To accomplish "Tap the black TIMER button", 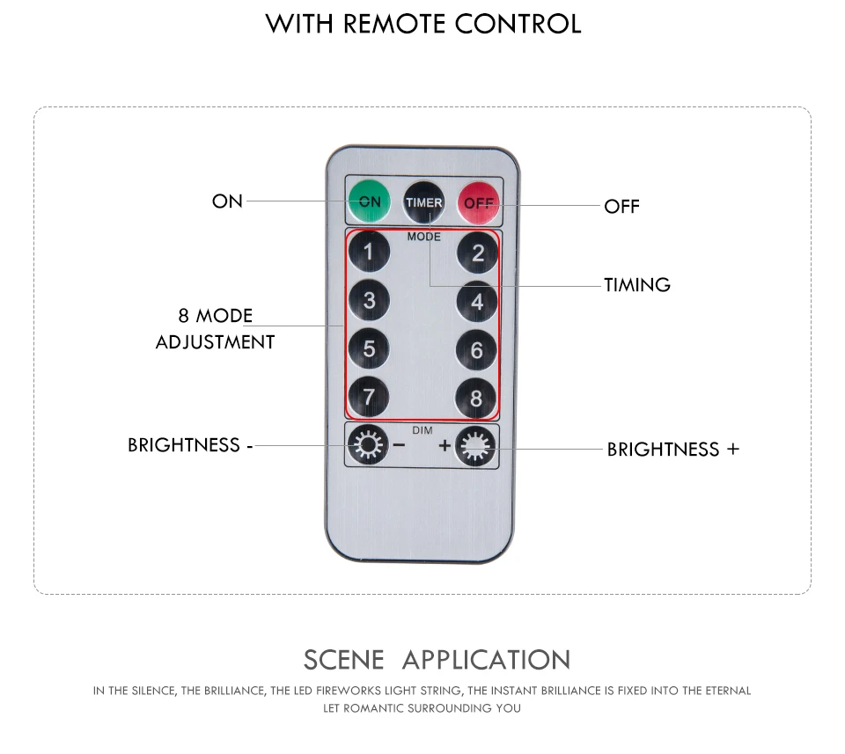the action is [424, 202].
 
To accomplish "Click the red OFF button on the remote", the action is [478, 203].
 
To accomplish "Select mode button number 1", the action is [369, 251].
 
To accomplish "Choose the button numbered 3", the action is [369, 300].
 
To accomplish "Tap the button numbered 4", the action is [477, 302].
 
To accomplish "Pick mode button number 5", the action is [369, 348].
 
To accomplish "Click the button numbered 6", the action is [476, 350].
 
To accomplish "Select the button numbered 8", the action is [476, 399].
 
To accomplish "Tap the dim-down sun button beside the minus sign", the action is [368, 445].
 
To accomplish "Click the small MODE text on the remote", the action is [424, 237].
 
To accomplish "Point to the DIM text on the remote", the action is [422, 430].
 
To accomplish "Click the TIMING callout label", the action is [637, 285].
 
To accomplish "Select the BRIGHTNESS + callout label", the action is [673, 450].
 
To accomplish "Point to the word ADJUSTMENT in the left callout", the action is [215, 342].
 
